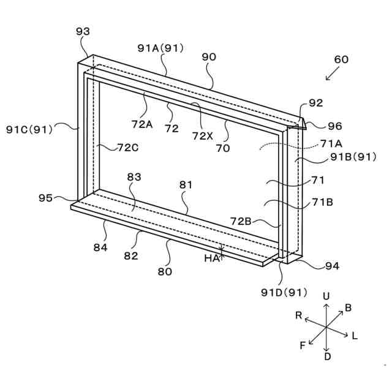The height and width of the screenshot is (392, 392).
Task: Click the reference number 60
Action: pos(341,59)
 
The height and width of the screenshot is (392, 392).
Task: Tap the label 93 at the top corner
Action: pos(83,31)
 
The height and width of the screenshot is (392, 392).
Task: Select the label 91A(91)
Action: pos(160,48)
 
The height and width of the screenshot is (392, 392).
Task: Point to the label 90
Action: pos(209,57)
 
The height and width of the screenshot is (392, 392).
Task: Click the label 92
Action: pos(316,103)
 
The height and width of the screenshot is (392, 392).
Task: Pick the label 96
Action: pos(334,126)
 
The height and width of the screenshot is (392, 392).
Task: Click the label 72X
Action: pos(202,135)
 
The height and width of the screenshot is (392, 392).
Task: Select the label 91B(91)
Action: pos(353,157)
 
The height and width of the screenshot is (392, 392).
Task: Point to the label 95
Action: pos(45,198)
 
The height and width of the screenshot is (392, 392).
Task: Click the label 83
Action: pos(134,177)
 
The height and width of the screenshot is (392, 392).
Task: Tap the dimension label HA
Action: pos(211,258)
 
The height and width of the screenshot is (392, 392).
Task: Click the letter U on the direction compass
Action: pos(326,296)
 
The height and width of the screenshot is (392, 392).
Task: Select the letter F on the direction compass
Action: pos(303,345)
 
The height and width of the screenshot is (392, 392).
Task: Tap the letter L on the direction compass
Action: pos(355,336)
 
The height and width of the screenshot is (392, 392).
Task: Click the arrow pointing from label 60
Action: pos(331,74)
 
